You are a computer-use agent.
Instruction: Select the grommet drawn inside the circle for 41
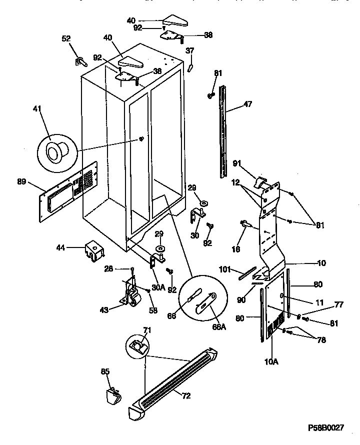54,148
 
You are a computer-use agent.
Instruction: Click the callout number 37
190,50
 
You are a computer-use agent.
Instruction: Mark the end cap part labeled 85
113,398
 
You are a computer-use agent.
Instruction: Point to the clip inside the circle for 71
135,345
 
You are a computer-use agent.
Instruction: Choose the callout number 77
325,303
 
